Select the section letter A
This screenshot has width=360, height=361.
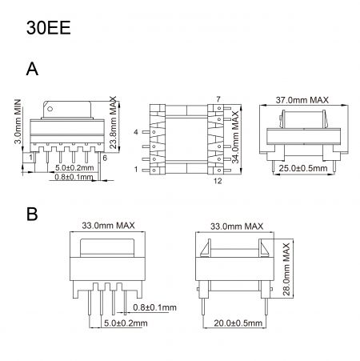tap(32, 70)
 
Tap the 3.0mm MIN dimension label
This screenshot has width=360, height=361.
tap(17, 120)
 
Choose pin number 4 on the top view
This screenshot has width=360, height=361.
tap(137, 130)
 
